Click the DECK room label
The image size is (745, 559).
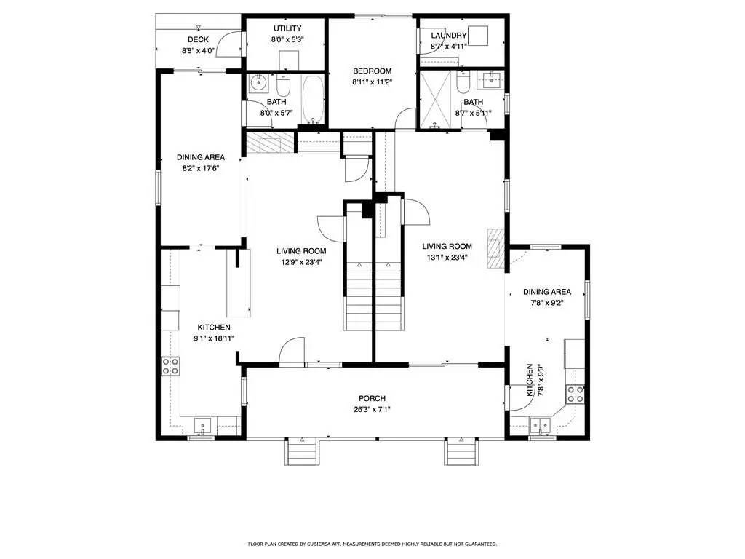(x=198, y=40)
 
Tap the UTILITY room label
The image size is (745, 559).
(x=287, y=28)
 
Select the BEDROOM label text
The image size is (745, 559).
(x=372, y=71)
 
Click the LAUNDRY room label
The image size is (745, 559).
(x=448, y=36)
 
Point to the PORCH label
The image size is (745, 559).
(x=372, y=398)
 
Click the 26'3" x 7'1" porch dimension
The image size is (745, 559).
(x=372, y=409)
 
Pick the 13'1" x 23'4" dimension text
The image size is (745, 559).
(x=447, y=258)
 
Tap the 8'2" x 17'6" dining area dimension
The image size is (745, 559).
(x=201, y=168)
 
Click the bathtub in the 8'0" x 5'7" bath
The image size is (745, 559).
(x=313, y=99)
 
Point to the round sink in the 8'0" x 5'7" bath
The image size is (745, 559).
(x=258, y=83)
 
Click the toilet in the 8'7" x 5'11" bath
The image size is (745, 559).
(x=462, y=82)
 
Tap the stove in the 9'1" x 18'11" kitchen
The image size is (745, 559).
(x=170, y=365)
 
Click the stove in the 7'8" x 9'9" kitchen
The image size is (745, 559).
(x=575, y=394)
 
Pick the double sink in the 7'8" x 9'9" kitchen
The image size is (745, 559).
(x=541, y=424)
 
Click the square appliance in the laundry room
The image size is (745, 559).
(x=478, y=36)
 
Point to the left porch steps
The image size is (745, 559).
(x=302, y=451)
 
